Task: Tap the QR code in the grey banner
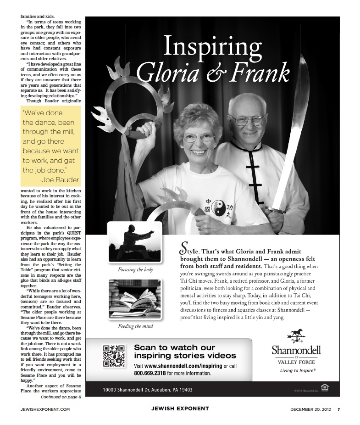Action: (x=113, y=356)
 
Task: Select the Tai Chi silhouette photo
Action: (x=135, y=242)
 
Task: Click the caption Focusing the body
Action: (x=135, y=270)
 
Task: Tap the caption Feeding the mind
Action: (x=135, y=326)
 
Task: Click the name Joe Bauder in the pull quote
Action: (x=59, y=179)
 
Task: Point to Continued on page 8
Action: (x=61, y=397)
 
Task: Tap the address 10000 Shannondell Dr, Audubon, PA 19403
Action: (x=141, y=390)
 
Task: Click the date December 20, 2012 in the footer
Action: (x=311, y=408)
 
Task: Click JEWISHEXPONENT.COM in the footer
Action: (x=45, y=409)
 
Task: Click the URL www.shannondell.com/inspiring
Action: (x=183, y=366)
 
